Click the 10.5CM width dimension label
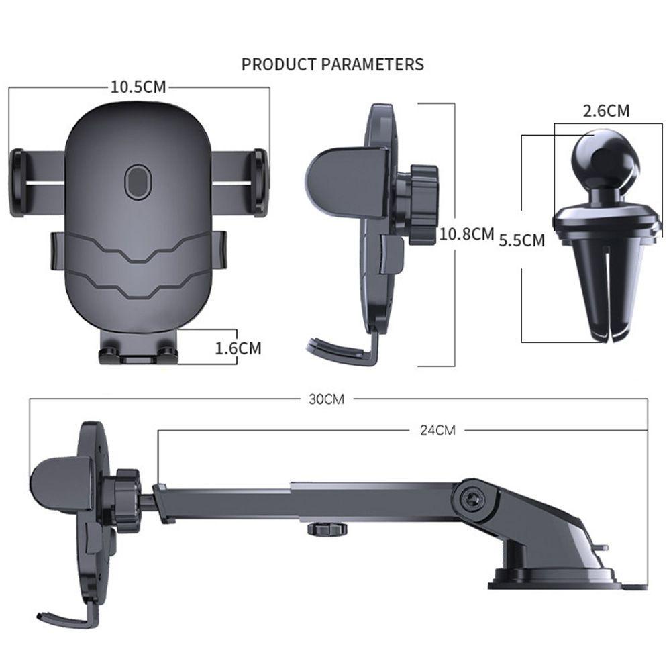tap(138, 87)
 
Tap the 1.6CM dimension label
tap(238, 348)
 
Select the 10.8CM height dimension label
tap(467, 234)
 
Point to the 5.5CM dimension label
tap(521, 240)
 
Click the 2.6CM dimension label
tap(606, 111)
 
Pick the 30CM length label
tap(327, 399)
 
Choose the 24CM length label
tap(437, 430)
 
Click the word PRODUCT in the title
tap(278, 64)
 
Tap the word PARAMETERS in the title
tap(372, 64)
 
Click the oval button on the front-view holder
tap(138, 182)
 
